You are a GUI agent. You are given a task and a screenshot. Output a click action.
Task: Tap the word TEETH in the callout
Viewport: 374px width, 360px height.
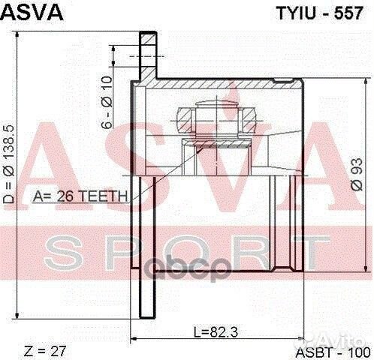pyautogui.click(x=109, y=197)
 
